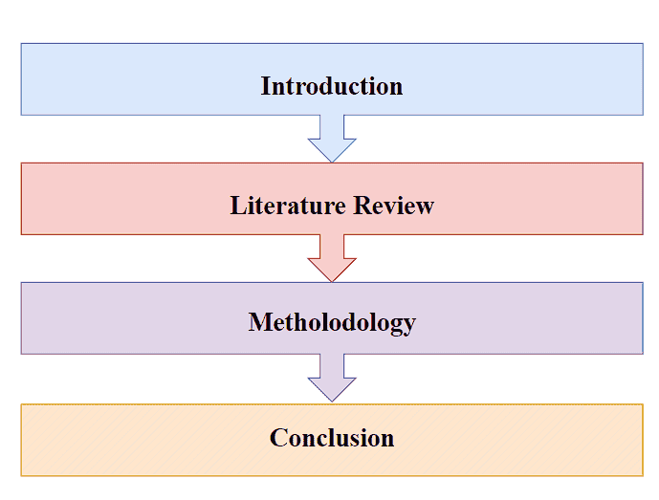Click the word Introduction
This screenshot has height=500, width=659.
pyautogui.click(x=331, y=86)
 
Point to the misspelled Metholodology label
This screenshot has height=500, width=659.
pyautogui.click(x=331, y=322)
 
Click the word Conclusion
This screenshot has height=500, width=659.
pyautogui.click(x=331, y=438)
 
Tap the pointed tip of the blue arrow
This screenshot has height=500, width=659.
pyautogui.click(x=332, y=162)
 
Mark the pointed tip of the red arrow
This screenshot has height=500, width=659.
pyautogui.click(x=332, y=281)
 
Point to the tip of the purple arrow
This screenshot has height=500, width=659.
pyautogui.click(x=332, y=401)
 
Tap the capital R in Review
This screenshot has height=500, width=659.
pyautogui.click(x=362, y=206)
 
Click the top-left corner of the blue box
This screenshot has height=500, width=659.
pyautogui.click(x=21, y=43)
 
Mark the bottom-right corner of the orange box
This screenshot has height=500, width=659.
pyautogui.click(x=643, y=475)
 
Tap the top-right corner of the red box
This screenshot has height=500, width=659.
pyautogui.click(x=643, y=163)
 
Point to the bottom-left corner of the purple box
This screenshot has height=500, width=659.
pyautogui.click(x=21, y=354)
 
